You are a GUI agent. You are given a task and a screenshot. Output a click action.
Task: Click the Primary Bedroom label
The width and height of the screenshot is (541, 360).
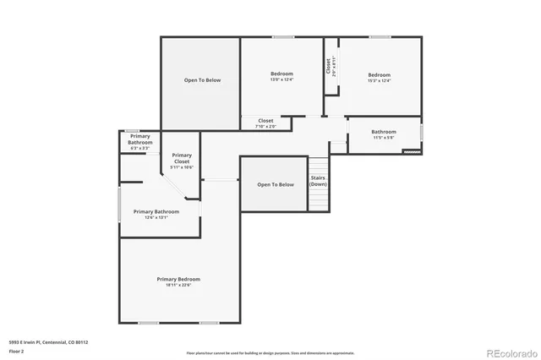[178, 279]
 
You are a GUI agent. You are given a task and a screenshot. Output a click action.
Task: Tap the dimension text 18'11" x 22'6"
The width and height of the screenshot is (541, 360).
[178, 286]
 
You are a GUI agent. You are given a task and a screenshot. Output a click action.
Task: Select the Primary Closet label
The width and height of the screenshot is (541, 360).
[182, 157]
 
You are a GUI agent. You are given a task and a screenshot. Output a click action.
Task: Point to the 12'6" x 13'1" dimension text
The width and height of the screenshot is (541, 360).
[156, 217]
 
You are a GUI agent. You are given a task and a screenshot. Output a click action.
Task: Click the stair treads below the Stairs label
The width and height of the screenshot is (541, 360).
[318, 199]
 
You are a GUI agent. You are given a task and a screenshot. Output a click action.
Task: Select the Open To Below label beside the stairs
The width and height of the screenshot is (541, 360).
[276, 184]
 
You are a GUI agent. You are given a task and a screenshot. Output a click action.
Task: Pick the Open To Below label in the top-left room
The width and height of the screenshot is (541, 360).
[202, 80]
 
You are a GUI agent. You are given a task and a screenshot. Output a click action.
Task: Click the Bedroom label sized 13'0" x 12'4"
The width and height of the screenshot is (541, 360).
[281, 74]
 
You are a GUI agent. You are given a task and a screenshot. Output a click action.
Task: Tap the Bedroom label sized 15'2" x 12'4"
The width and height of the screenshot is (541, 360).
[379, 74]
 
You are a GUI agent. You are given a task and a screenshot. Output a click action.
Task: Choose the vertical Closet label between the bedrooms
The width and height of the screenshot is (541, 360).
[328, 66]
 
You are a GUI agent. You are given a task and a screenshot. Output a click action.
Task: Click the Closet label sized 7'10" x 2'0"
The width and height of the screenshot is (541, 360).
[265, 121]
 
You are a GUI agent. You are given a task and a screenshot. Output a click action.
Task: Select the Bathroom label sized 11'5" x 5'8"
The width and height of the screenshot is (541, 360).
[383, 131]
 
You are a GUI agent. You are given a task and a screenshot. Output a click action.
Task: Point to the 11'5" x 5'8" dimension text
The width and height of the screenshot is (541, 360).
[383, 137]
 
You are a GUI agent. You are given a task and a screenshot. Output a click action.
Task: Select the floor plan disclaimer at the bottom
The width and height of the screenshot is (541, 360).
[270, 352]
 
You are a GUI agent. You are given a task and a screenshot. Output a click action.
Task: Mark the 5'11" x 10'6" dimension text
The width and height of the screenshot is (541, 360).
[182, 167]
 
